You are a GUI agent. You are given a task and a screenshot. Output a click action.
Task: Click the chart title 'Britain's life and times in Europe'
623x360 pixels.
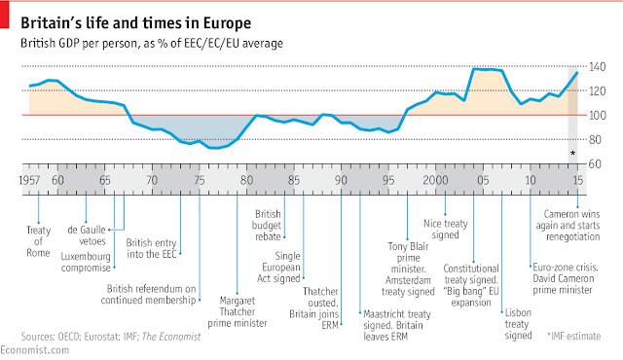[x=136, y=23]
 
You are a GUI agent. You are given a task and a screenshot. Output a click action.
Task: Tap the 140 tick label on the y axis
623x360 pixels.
[x=597, y=67]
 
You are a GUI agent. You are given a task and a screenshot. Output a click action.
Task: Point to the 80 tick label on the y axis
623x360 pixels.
[x=595, y=140]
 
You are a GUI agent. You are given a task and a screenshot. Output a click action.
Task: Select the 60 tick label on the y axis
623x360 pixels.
[x=595, y=163]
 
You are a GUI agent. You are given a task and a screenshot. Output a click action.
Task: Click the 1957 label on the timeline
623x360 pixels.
[x=29, y=180]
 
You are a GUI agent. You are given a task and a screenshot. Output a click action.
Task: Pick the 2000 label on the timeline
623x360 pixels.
[x=435, y=180]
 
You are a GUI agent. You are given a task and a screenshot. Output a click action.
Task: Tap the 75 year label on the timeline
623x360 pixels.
[x=200, y=180]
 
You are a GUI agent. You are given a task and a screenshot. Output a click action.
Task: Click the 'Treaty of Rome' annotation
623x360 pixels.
[x=39, y=241]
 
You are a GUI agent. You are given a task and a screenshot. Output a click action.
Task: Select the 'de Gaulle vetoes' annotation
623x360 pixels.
[x=87, y=235]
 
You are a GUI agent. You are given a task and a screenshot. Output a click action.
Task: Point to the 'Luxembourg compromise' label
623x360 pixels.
[x=86, y=262]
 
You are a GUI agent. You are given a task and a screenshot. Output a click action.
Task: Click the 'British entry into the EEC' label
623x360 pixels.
[x=152, y=248]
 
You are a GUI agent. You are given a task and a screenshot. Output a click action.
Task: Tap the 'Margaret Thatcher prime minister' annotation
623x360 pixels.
[x=238, y=312]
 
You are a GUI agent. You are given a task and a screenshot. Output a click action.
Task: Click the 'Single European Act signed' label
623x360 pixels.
[x=279, y=268]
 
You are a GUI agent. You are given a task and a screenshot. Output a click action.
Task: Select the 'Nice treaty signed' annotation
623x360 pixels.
[x=446, y=229]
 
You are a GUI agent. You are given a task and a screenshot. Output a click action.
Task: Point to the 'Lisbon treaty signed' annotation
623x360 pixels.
[x=518, y=324]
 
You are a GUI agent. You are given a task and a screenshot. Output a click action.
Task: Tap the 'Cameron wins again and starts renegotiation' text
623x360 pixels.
[x=568, y=226]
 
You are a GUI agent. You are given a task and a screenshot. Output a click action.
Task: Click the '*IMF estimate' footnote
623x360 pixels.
[x=573, y=337]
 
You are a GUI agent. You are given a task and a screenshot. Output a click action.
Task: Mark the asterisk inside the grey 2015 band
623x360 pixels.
[x=572, y=153]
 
